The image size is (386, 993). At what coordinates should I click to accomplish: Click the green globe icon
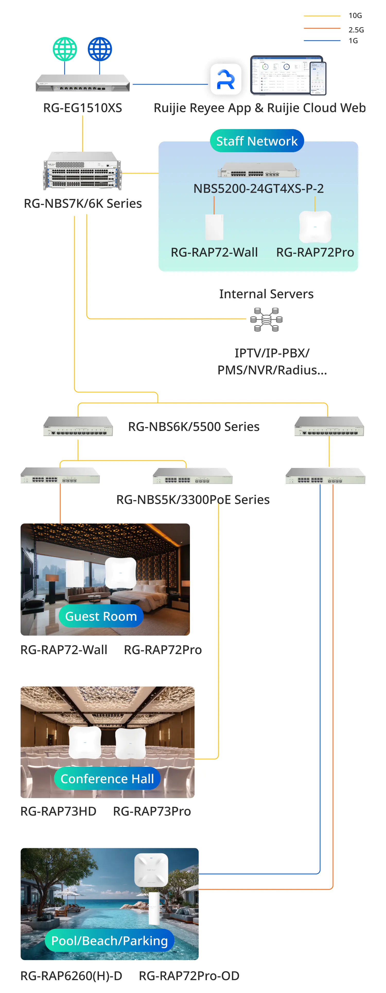click(x=65, y=49)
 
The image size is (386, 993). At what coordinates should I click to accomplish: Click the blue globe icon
click(x=100, y=49)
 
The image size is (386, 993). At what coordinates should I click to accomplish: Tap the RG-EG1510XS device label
click(x=83, y=108)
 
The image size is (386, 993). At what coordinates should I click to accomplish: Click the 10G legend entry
click(x=355, y=16)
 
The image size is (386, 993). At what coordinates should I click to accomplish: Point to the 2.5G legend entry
click(x=356, y=30)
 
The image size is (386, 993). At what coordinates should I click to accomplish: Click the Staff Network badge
click(x=257, y=141)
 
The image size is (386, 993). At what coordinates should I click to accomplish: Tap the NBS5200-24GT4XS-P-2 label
click(x=258, y=188)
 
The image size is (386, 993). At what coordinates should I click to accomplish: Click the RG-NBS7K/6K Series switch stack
click(x=83, y=171)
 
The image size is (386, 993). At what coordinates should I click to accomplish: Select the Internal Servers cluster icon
click(x=266, y=320)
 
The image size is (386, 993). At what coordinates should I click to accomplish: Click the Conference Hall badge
click(x=107, y=779)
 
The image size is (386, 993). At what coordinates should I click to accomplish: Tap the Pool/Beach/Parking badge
click(x=110, y=941)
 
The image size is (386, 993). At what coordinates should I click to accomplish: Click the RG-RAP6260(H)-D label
click(x=71, y=976)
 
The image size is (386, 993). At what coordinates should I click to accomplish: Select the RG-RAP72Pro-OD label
click(x=189, y=976)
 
